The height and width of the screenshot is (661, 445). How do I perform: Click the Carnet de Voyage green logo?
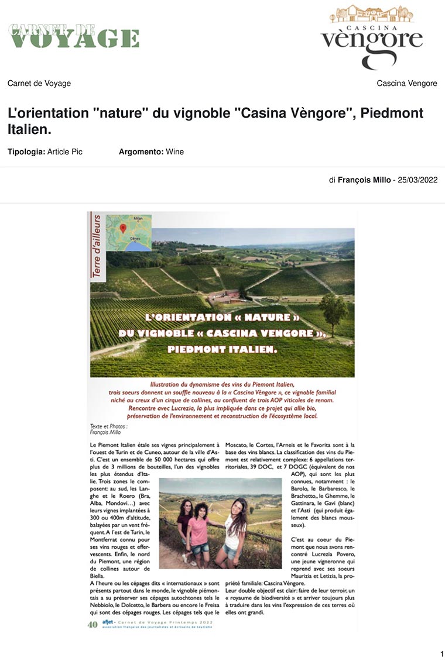[x=73, y=36]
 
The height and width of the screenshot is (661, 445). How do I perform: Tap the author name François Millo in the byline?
[x=364, y=180]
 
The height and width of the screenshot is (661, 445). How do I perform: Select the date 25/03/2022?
[x=417, y=180]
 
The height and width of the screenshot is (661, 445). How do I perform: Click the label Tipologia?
[x=26, y=152]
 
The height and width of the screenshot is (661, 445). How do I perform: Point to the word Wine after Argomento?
[x=174, y=152]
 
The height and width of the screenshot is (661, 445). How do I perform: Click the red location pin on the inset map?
[x=123, y=228]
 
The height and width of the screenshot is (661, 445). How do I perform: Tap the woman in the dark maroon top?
[x=186, y=518]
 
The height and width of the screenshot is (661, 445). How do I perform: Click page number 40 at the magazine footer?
[x=93, y=624]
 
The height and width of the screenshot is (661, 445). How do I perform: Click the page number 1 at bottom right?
[x=441, y=653]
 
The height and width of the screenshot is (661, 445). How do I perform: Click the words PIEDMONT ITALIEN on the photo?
[x=222, y=349]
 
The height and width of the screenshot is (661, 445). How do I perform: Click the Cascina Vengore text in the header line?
[x=407, y=84]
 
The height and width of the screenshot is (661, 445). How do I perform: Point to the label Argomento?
[x=141, y=152]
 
